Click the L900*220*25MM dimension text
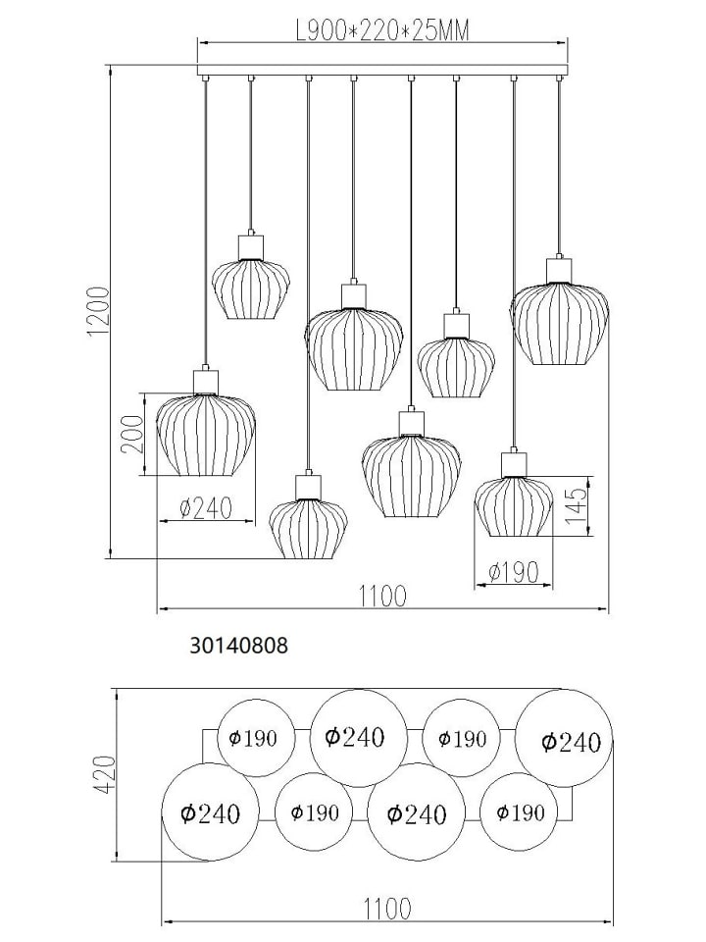pos(382,30)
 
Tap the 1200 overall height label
pos(99,312)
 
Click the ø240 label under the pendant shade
pos(205,509)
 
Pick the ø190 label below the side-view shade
pos(513,572)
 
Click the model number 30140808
pos(239,646)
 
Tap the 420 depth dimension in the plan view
pos(104,774)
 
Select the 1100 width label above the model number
pos(382,596)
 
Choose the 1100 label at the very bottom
pos(388,925)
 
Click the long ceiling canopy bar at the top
pos(382,68)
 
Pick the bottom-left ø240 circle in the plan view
pos(211,812)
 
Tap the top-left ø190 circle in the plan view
pos(256,738)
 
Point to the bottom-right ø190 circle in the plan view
pos(521,812)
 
